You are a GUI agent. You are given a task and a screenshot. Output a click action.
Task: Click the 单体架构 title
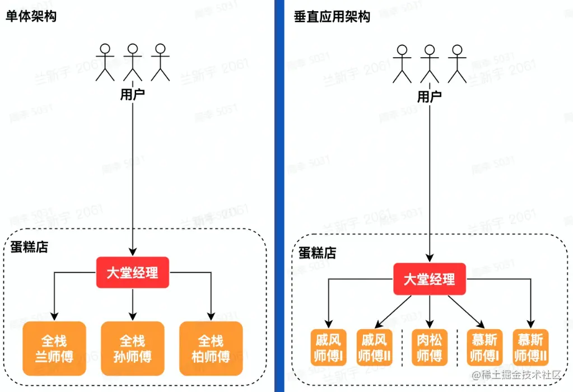[x=31, y=16]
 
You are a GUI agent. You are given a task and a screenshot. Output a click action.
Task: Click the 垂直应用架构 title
[x=332, y=16]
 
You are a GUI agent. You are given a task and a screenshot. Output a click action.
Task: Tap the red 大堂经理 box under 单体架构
[x=132, y=273]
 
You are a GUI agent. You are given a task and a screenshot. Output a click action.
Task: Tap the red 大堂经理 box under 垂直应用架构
[x=430, y=279]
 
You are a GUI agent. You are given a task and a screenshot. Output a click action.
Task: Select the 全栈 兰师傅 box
[x=54, y=348]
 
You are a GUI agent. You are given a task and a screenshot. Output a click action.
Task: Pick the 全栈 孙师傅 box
[x=132, y=348]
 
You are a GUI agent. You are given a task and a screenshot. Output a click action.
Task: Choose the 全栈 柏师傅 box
[x=211, y=348]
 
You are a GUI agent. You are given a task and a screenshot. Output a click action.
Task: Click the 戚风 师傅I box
[x=328, y=347]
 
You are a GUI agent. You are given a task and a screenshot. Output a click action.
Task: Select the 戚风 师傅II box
[x=374, y=347]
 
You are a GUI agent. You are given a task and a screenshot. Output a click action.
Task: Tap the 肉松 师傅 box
[x=430, y=347]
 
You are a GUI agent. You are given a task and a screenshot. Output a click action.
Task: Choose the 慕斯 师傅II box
[x=530, y=347]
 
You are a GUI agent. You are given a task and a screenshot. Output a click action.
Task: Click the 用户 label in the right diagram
[x=430, y=96]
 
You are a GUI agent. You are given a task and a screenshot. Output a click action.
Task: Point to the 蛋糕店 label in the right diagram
[x=318, y=253]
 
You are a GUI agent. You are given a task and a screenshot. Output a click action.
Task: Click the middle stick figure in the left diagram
[x=132, y=62]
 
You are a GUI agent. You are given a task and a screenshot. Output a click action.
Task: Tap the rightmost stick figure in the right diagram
[x=458, y=64]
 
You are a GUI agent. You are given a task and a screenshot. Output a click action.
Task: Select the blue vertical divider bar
[x=279, y=196]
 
